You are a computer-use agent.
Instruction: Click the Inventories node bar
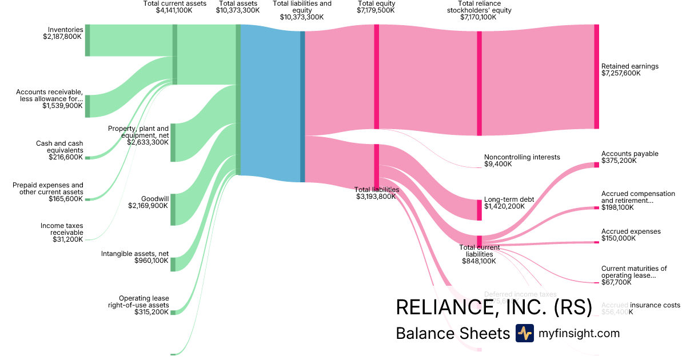click(x=87, y=41)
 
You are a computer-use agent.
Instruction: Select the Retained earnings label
click(x=629, y=66)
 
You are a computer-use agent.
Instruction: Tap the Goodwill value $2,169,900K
click(x=148, y=206)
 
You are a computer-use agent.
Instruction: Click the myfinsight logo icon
click(x=524, y=333)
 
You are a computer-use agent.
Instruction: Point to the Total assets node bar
click(x=238, y=99)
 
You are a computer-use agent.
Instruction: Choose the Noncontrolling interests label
click(x=522, y=157)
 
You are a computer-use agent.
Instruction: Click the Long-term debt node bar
click(x=479, y=210)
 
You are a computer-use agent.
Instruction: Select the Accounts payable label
click(x=629, y=154)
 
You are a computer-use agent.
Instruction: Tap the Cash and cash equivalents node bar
click(x=87, y=158)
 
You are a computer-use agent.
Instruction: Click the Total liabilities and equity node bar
click(x=302, y=106)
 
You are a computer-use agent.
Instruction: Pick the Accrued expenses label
click(x=631, y=231)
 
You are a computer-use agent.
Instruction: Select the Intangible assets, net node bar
click(x=173, y=265)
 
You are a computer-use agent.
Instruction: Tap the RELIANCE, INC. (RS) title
click(x=494, y=307)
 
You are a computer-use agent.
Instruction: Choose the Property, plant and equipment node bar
click(x=173, y=142)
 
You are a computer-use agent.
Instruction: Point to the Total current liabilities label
click(x=479, y=250)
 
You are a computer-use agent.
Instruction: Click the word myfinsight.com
click(x=579, y=333)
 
